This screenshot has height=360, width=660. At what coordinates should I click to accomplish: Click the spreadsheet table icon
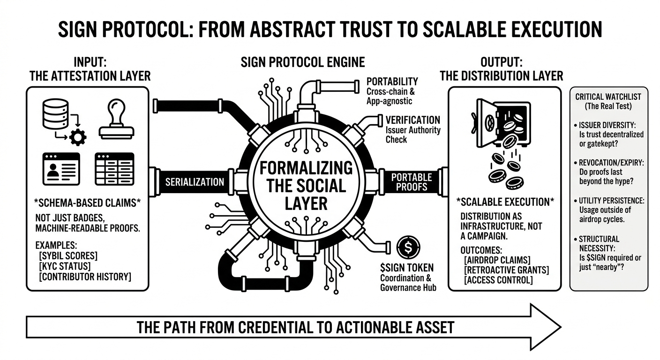[x=114, y=168]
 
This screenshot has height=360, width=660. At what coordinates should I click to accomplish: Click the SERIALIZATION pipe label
[x=195, y=182]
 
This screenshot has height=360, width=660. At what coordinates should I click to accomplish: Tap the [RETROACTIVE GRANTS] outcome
[x=506, y=270]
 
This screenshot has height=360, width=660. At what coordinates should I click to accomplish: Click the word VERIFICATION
[x=412, y=120]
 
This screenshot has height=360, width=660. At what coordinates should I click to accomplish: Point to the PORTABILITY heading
[x=392, y=82]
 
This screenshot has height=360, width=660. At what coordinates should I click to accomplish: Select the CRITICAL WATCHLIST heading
[x=608, y=97]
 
